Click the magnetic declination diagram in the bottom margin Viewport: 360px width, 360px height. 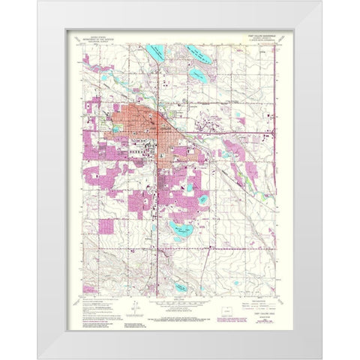tap(132, 307)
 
